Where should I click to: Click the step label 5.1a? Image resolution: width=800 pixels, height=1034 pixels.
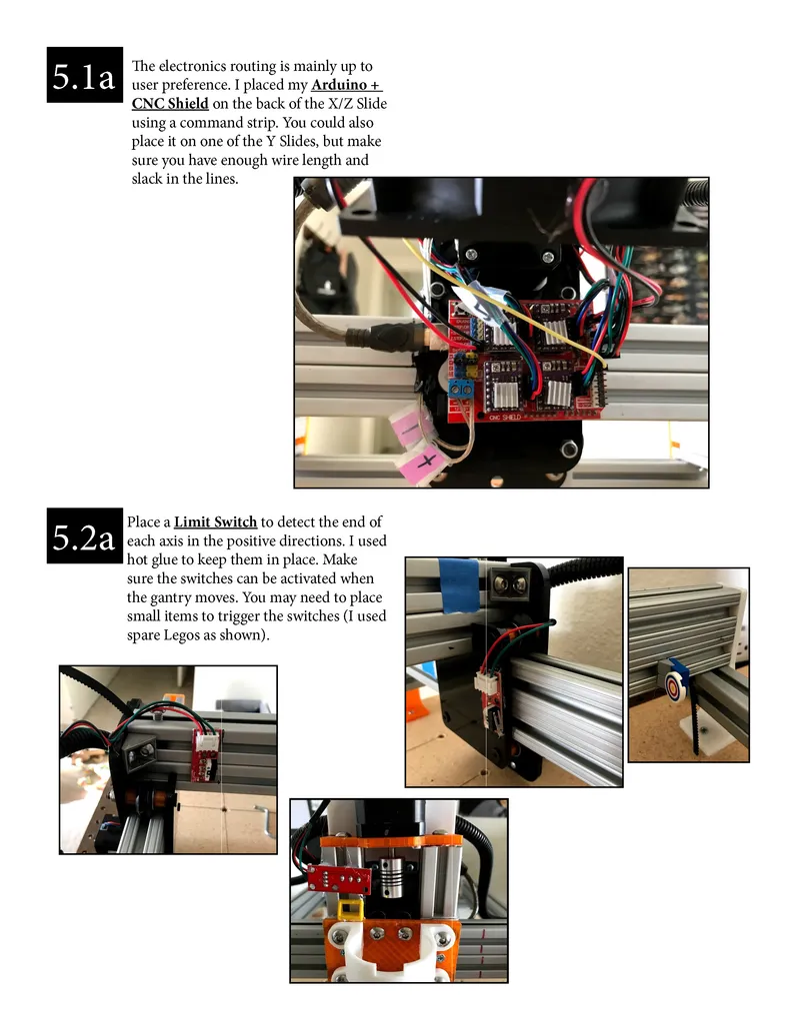click(x=84, y=75)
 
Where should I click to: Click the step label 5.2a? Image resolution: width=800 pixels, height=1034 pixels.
click(x=84, y=539)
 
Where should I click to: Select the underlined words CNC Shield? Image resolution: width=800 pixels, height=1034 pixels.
click(x=170, y=103)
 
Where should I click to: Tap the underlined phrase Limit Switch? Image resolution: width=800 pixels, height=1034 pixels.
click(x=215, y=521)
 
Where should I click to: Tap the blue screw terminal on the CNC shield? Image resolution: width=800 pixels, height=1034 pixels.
click(x=462, y=389)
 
